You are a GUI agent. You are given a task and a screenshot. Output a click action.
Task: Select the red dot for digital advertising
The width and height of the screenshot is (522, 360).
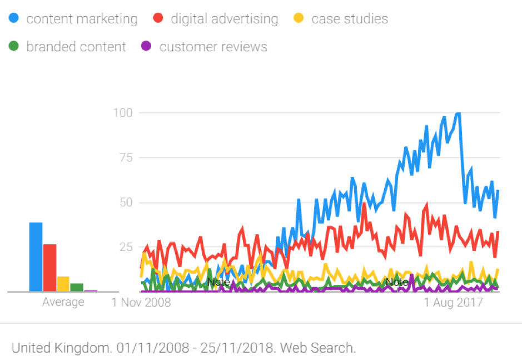[158, 19]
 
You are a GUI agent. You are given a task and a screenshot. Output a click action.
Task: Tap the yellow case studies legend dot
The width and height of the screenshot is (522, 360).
[299, 19]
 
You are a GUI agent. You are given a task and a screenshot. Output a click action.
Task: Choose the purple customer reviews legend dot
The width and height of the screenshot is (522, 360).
[147, 47]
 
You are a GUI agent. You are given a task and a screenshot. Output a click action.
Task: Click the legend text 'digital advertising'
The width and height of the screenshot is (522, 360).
[224, 19]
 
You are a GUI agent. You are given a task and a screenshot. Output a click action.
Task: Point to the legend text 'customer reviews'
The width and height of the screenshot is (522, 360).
[213, 47]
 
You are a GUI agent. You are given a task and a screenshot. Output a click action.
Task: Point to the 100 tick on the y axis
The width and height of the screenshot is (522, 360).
[123, 113]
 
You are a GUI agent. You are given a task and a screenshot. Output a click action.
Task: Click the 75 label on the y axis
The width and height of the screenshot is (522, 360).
[126, 157]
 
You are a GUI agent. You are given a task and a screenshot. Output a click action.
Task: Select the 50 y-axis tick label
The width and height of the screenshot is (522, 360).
[126, 202]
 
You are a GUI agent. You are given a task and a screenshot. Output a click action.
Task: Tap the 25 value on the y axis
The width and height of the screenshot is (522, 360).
[126, 246]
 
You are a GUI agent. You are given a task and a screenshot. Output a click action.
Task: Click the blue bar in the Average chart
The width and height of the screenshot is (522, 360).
[36, 257]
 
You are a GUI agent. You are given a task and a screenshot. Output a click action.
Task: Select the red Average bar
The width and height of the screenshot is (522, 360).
[49, 268]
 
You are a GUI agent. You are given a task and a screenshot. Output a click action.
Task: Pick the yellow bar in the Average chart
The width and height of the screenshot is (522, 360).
[63, 284]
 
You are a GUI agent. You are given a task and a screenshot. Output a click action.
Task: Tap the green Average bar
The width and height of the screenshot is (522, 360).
[77, 287]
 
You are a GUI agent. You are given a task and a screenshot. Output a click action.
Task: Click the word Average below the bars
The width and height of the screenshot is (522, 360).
[63, 302]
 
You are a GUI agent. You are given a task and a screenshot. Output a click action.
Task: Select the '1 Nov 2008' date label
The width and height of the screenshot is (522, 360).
[141, 303]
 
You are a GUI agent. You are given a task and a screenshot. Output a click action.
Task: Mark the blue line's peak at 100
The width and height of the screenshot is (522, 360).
[458, 114]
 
